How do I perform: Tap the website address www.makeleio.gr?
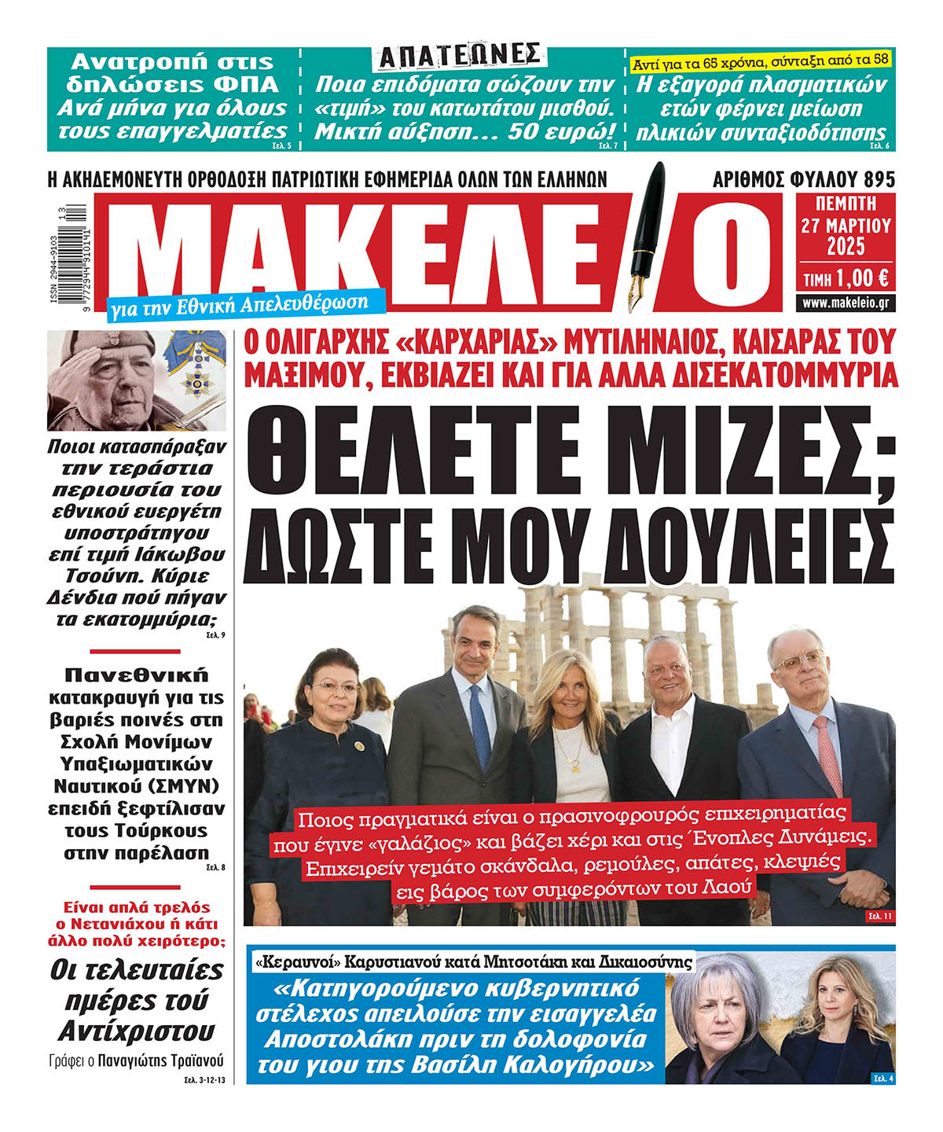click(x=846, y=303)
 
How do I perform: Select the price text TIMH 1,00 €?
click(x=846, y=277)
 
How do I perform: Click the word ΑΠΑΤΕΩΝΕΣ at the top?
click(x=460, y=55)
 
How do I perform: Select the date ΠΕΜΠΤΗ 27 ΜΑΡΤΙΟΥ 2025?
click(x=846, y=226)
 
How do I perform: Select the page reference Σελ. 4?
click(x=883, y=1078)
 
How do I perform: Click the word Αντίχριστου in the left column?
click(x=137, y=1031)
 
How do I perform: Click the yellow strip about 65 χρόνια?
click(x=761, y=60)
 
